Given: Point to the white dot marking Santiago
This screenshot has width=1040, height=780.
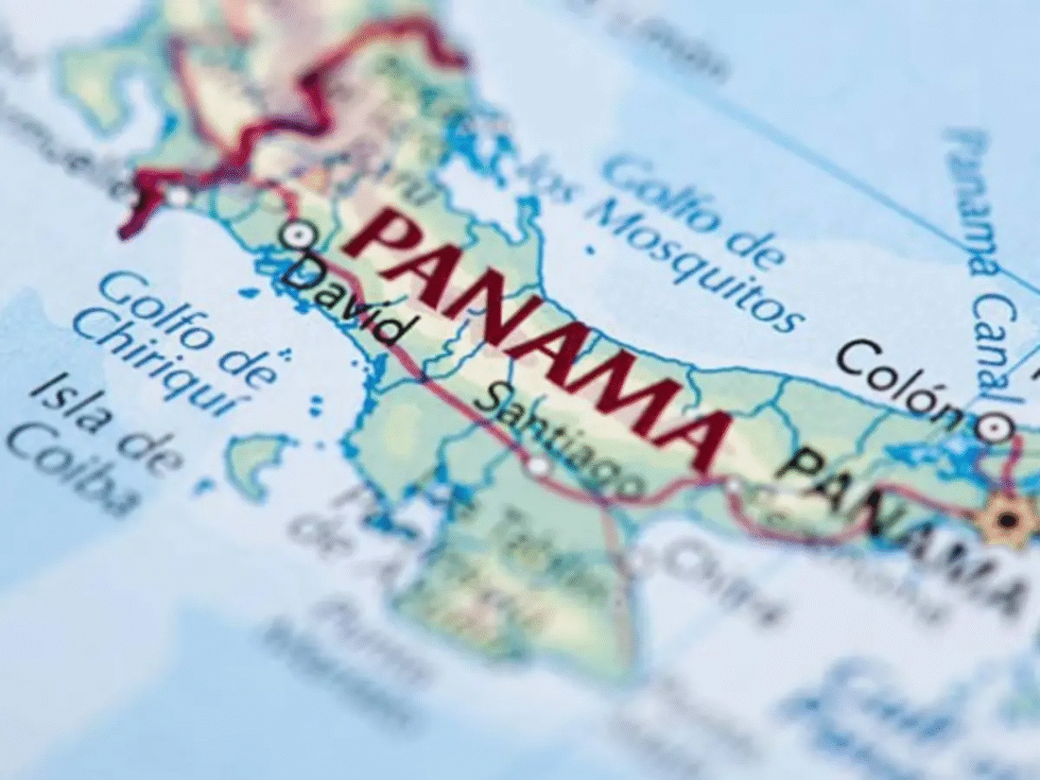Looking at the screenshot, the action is point(538,466).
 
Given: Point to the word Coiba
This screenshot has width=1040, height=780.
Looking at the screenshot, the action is point(71,473).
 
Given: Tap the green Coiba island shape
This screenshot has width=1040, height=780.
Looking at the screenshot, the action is point(255,463).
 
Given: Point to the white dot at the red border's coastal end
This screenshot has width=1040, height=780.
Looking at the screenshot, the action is point(178,197).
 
